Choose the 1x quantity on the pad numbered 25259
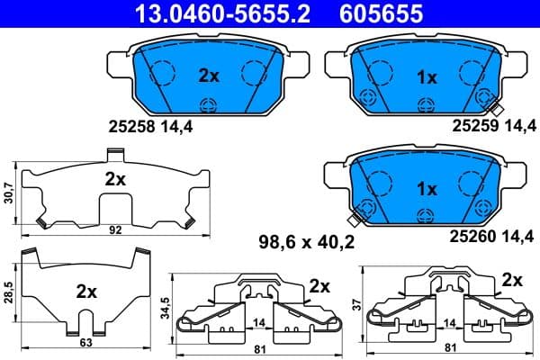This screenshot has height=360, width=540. point(426,77)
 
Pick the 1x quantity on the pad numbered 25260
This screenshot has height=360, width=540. point(426,190)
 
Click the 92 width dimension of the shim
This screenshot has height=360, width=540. point(115,230)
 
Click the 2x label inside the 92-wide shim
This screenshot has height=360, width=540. point(114,178)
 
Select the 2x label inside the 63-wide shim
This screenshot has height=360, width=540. point(86,292)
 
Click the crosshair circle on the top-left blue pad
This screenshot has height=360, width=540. point(209,104)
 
